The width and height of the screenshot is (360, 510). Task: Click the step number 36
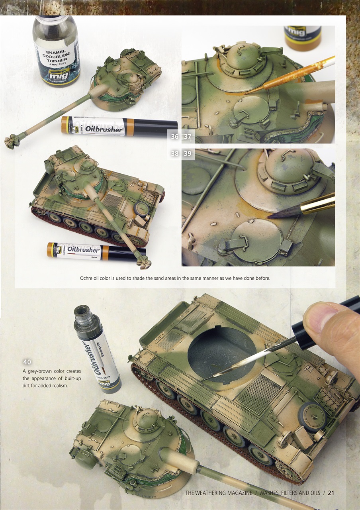[x=174, y=137]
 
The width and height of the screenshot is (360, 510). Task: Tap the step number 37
[x=188, y=137]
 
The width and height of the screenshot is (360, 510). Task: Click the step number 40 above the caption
[x=27, y=362]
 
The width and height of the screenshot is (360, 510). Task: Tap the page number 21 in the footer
[x=331, y=493]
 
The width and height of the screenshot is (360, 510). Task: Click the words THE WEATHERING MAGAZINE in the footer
[x=219, y=493]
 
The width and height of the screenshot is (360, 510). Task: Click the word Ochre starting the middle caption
[x=87, y=278]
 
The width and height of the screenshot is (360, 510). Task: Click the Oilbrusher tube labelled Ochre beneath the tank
[x=96, y=251]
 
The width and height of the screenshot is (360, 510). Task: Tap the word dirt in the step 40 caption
[x=28, y=386]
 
